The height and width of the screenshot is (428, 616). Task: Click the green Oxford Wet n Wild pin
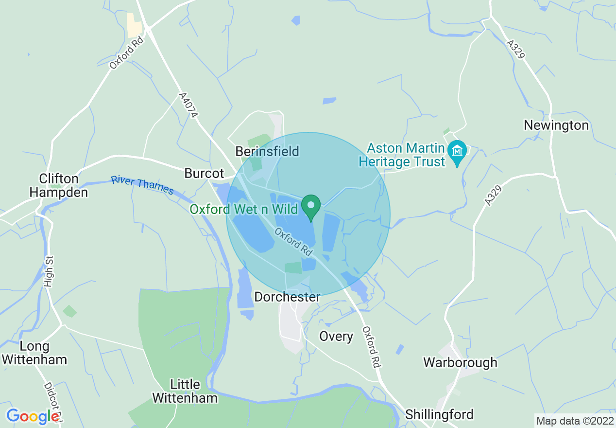tap(311, 206)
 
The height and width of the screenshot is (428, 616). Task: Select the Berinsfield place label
tap(267, 151)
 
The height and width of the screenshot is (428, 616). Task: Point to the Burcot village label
tap(204, 173)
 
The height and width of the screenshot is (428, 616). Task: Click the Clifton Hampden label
tap(59, 185)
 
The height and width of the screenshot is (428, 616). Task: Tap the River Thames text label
tap(142, 185)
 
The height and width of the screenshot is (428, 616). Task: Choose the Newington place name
tap(556, 125)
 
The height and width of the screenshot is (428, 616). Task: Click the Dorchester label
tap(288, 297)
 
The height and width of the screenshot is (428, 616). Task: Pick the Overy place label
tap(336, 336)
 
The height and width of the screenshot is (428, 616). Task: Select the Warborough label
tap(460, 362)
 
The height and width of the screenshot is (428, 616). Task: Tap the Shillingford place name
tap(439, 414)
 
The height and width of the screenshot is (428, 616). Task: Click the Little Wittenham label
tap(185, 391)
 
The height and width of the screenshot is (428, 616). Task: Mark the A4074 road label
tap(189, 106)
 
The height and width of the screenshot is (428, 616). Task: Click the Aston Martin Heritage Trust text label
tap(402, 155)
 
